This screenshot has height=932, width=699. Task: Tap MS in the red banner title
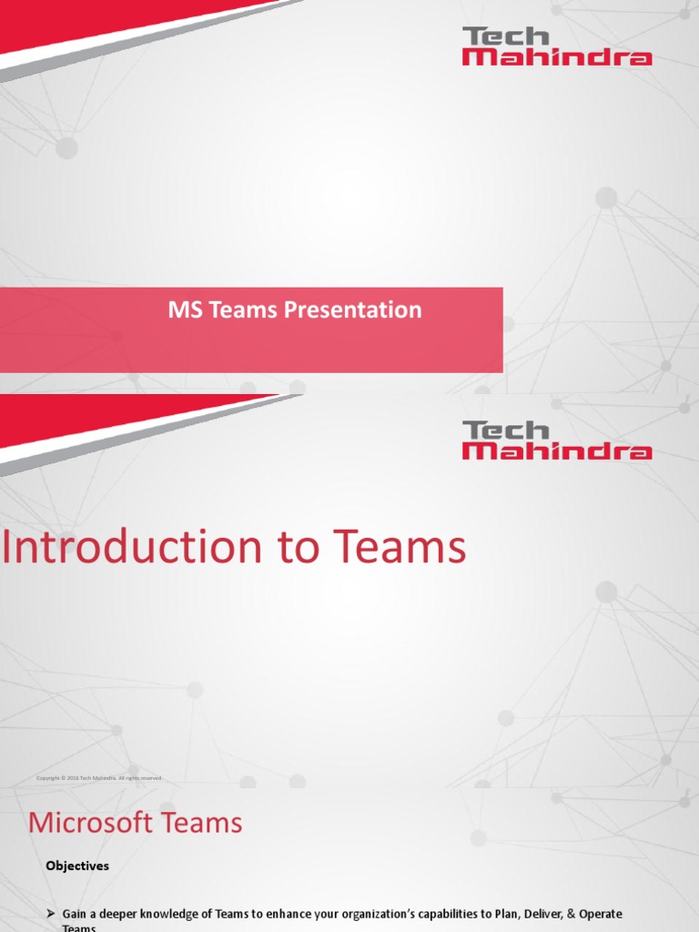click(183, 310)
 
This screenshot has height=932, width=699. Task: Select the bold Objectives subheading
click(77, 866)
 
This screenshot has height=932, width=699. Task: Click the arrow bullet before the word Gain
click(52, 913)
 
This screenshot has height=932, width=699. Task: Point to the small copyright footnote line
click(99, 778)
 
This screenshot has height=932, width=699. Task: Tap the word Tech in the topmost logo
click(506, 36)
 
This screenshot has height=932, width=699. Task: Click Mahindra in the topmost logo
click(557, 57)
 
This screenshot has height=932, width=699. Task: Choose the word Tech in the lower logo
click(506, 430)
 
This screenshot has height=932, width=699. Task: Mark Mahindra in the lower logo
click(557, 451)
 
